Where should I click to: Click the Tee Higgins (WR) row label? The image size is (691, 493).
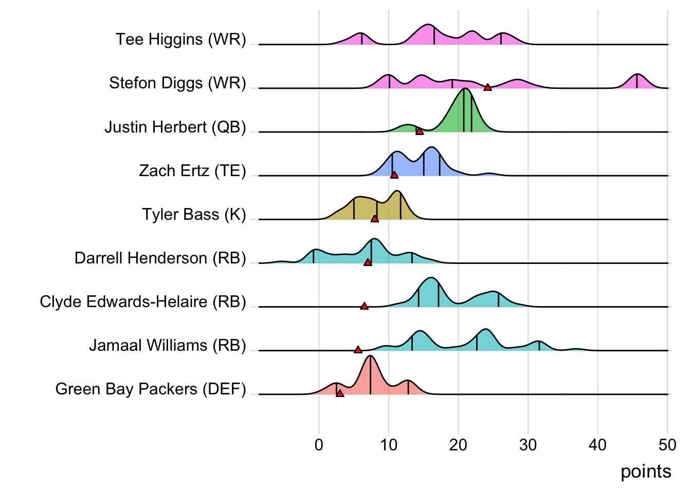pyautogui.click(x=180, y=40)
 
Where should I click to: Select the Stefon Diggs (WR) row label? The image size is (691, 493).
pyautogui.click(x=177, y=83)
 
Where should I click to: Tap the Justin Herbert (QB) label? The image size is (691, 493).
pyautogui.click(x=175, y=127)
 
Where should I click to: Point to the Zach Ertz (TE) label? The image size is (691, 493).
pyautogui.click(x=192, y=170)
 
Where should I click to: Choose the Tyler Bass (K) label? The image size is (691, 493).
pyautogui.click(x=194, y=214)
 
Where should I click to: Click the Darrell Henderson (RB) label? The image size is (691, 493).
pyautogui.click(x=160, y=258)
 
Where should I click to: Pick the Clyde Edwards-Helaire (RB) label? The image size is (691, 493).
pyautogui.click(x=143, y=301)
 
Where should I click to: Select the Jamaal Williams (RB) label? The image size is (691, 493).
pyautogui.click(x=168, y=345)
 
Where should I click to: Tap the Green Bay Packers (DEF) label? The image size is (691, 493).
pyautogui.click(x=151, y=389)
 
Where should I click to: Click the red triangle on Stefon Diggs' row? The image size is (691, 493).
pyautogui.click(x=487, y=87)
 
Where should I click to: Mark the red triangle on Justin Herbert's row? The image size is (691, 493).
pyautogui.click(x=419, y=131)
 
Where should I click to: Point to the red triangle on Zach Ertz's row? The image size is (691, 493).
pyautogui.click(x=394, y=175)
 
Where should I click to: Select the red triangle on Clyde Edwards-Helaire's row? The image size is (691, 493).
pyautogui.click(x=364, y=306)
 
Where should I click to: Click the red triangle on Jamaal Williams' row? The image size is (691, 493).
pyautogui.click(x=358, y=350)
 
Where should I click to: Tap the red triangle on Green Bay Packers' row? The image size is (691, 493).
pyautogui.click(x=340, y=393)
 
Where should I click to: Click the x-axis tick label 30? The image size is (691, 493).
pyautogui.click(x=528, y=445)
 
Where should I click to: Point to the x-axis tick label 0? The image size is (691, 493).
pyautogui.click(x=319, y=445)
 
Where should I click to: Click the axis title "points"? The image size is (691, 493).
pyautogui.click(x=646, y=471)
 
